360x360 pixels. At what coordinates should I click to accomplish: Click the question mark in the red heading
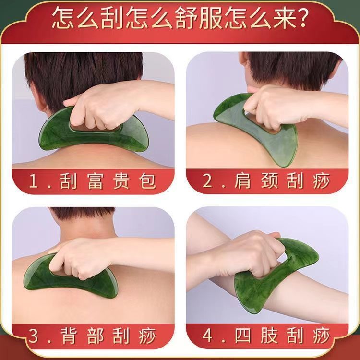(301, 17)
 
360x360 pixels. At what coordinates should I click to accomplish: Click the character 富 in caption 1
(95, 181)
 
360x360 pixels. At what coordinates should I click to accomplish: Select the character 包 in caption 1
(147, 181)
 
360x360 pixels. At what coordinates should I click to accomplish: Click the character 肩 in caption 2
(242, 181)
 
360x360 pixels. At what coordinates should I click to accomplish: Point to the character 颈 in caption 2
(269, 181)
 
